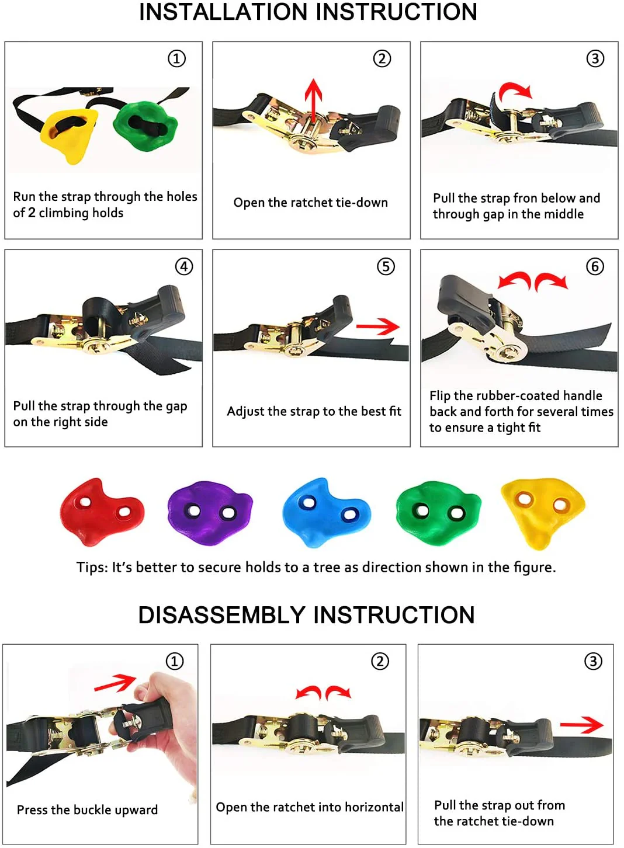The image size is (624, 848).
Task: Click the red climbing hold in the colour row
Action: click(102, 513)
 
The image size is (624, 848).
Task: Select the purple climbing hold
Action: click(210, 513)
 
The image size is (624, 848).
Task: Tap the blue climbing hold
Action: click(327, 513)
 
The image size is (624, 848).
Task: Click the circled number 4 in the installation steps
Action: click(184, 266)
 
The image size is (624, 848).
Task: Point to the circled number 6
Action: click(595, 266)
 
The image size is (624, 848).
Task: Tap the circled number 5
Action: click(386, 266)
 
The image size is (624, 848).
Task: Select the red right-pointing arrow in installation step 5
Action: click(378, 326)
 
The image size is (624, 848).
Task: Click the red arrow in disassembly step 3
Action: click(582, 725)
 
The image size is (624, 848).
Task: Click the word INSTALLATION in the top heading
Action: click(223, 12)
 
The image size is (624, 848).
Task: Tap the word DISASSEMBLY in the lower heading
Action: click(222, 615)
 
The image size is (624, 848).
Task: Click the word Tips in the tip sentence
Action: click(92, 568)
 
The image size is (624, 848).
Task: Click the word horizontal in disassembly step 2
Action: click(375, 807)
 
